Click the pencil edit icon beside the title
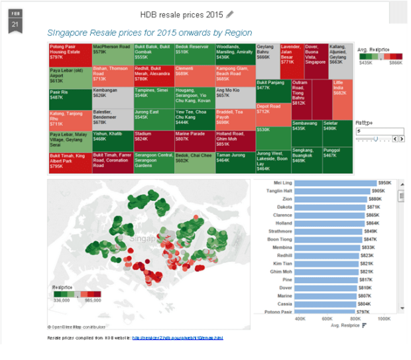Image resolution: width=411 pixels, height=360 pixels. pyautogui.click(x=230, y=15)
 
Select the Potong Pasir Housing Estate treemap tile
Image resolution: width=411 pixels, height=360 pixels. pyautogui.click(x=69, y=52)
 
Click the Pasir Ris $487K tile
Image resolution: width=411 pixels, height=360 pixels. pyautogui.click(x=69, y=96)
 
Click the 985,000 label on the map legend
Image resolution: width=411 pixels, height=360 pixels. pyautogui.click(x=92, y=300)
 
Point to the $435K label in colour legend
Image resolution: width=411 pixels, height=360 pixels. pyautogui.click(x=365, y=62)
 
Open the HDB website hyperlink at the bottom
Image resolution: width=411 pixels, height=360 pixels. pyautogui.click(x=177, y=337)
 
